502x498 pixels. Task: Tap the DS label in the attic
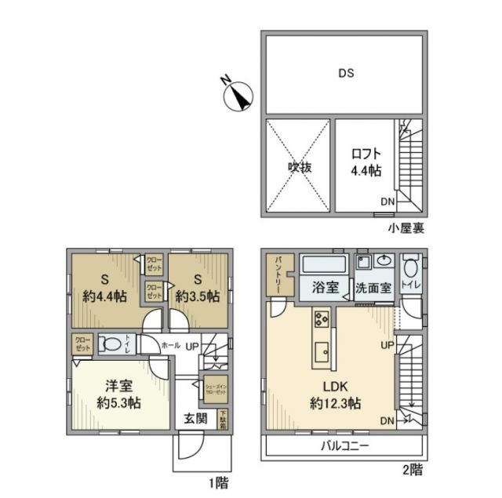pos(346,74)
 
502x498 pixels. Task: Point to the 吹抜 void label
pos(295,166)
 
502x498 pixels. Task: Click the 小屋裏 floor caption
pos(406,228)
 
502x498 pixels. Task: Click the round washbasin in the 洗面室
pos(384,262)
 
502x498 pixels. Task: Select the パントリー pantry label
pos(278,277)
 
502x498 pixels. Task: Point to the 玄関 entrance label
pos(196,418)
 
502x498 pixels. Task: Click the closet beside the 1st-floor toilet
pos(82,343)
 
